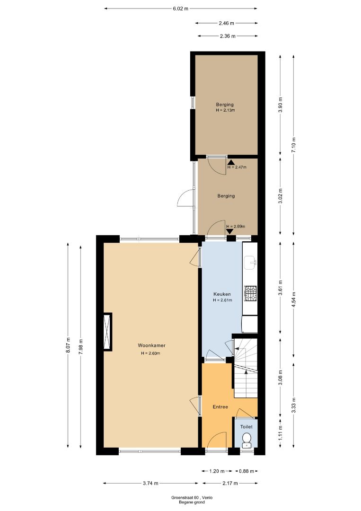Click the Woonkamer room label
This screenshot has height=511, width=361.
tap(151, 345)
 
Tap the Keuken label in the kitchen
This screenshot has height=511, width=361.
tap(222, 294)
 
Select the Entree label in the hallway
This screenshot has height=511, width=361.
tap(220, 407)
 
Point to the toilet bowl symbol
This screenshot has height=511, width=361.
tap(247, 440)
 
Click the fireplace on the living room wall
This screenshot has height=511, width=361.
tap(107, 332)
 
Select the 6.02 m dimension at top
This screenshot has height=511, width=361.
tap(181, 9)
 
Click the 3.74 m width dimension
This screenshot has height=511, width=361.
tap(150, 483)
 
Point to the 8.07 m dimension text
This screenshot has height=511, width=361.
tap(68, 344)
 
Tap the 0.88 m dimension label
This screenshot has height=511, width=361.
tap(247, 471)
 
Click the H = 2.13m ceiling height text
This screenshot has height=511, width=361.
tap(225, 110)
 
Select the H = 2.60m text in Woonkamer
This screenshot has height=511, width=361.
tap(150, 353)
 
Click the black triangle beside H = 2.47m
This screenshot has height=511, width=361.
tap(231, 162)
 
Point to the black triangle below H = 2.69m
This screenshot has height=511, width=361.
tap(230, 231)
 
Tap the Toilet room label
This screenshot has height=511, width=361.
tap(247, 427)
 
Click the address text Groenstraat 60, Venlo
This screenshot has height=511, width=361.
tap(192, 498)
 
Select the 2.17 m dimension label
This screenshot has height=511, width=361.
tap(230, 483)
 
